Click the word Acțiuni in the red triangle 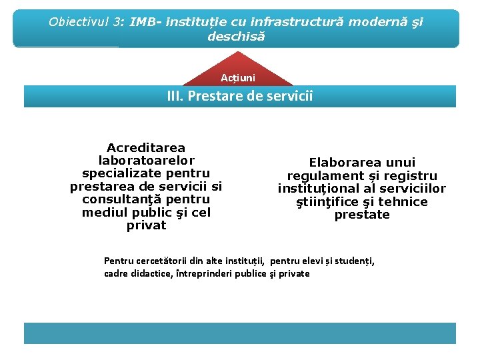[x=239, y=78]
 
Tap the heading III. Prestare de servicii [x=239, y=96]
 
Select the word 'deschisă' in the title [x=236, y=36]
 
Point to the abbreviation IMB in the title [x=145, y=21]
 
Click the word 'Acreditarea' [x=146, y=147]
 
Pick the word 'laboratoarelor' [x=146, y=160]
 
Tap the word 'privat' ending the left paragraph [x=146, y=225]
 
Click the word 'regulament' [x=325, y=176]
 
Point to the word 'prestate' [x=362, y=215]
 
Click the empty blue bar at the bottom [x=239, y=333]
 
